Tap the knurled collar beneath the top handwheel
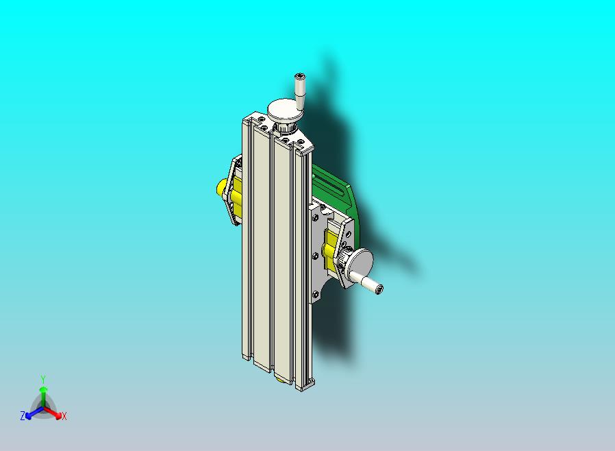(286, 127)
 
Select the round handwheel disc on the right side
(360, 262)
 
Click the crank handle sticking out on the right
(368, 282)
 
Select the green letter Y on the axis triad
(42, 379)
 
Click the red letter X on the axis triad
(64, 416)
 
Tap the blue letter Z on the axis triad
(23, 415)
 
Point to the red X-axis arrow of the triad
(55, 413)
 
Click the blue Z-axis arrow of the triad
(32, 413)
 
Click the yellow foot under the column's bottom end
(281, 377)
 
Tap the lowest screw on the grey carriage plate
(317, 295)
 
